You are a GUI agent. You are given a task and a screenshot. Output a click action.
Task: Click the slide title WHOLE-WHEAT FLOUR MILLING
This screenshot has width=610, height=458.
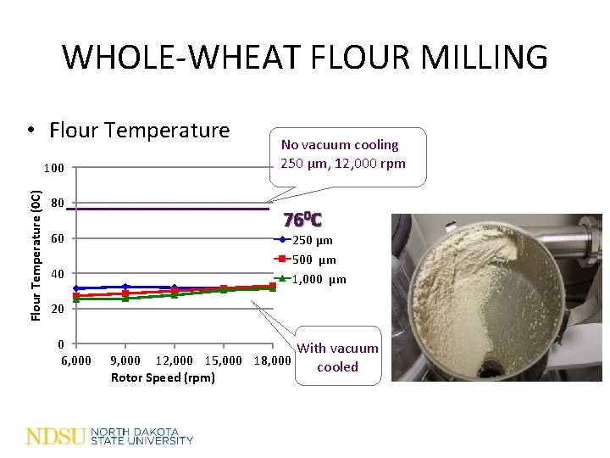[x=305, y=57]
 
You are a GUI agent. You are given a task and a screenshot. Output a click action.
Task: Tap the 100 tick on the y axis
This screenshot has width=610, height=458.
[x=53, y=169]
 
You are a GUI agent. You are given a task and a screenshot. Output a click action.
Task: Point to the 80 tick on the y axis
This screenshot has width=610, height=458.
[x=57, y=204]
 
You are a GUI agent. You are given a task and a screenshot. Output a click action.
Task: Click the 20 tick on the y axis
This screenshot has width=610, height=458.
[x=57, y=309]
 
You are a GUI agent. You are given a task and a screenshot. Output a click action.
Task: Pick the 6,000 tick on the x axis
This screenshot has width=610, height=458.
[x=76, y=360]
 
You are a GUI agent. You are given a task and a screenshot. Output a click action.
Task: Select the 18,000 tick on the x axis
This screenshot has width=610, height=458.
[x=272, y=360]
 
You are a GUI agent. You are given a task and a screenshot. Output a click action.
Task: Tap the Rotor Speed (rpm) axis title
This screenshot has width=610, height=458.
[x=163, y=377]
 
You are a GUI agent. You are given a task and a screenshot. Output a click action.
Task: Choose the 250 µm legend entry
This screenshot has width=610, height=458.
[x=313, y=241]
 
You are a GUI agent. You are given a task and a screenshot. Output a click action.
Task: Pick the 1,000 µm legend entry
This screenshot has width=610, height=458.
[x=319, y=279]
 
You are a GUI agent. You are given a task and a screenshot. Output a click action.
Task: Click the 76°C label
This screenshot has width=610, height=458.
[x=302, y=221]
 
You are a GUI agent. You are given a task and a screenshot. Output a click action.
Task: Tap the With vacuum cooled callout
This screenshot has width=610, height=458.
[x=337, y=357]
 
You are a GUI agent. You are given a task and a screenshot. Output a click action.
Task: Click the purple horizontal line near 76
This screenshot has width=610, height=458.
[x=169, y=209]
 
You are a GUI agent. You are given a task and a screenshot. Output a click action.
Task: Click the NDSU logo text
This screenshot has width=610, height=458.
[x=56, y=436]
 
